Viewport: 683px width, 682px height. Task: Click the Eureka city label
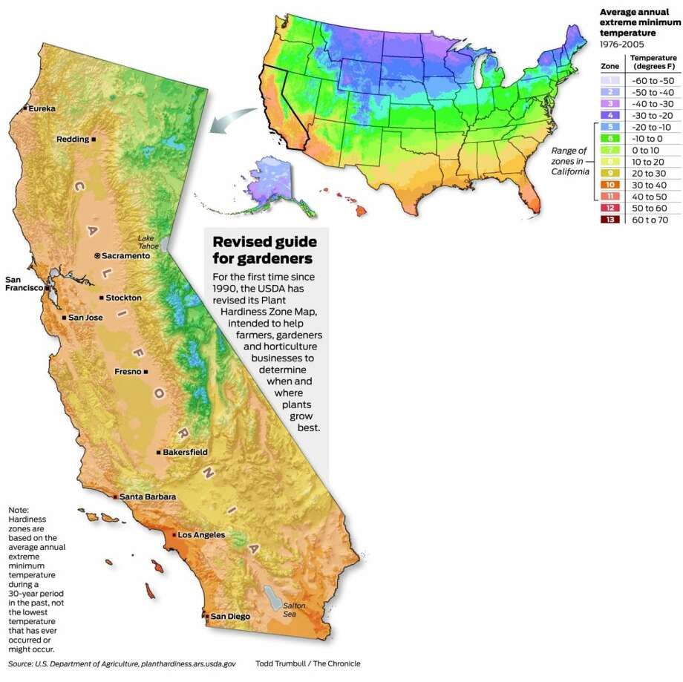tap(43, 108)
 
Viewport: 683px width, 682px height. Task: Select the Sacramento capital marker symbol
tap(97, 255)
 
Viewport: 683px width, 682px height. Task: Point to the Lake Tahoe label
tap(146, 242)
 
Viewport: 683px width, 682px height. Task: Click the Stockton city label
tap(123, 298)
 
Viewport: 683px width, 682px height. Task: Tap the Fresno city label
tap(128, 372)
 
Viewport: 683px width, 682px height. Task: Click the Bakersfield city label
tap(186, 452)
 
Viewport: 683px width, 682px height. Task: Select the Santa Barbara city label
tap(148, 496)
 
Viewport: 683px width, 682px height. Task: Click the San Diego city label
tap(230, 616)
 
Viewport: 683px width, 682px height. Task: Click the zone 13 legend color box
tap(609, 220)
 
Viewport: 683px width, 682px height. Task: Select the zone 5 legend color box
tap(609, 127)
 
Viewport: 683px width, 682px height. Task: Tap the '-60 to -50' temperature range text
tap(648, 80)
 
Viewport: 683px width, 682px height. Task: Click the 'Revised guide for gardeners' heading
tap(264, 250)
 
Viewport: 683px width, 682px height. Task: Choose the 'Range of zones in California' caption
tap(569, 161)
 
